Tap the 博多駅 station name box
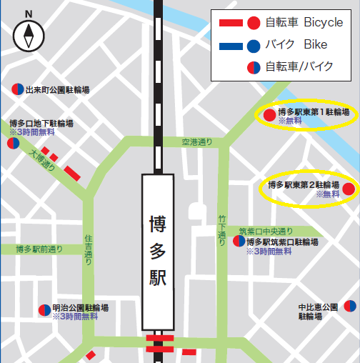(x=158, y=251)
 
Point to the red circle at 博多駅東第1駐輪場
(x=269, y=114)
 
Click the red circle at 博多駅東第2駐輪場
(x=348, y=189)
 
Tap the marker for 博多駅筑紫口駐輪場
(x=239, y=242)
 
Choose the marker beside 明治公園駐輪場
(x=44, y=310)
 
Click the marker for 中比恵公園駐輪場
(x=349, y=307)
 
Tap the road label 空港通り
(x=197, y=142)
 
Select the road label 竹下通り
(x=222, y=226)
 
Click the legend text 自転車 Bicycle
(x=304, y=23)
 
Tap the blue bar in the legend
(x=229, y=46)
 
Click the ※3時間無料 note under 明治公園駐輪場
(x=75, y=315)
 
